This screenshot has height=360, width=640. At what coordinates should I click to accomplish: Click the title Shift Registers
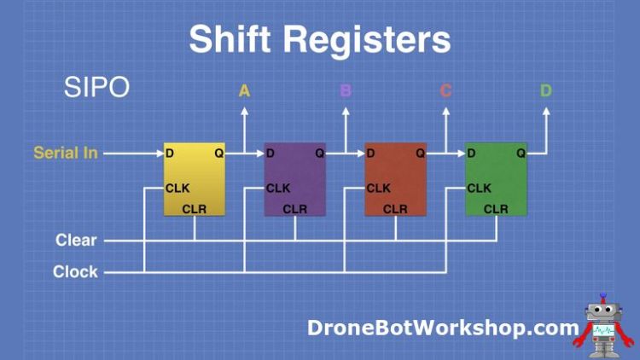(x=319, y=39)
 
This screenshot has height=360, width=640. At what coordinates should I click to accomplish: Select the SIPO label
(x=96, y=87)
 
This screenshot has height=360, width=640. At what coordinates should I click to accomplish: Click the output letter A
(x=244, y=90)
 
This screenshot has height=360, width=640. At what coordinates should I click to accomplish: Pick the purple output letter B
(x=346, y=90)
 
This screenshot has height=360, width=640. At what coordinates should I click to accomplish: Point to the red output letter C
(x=445, y=90)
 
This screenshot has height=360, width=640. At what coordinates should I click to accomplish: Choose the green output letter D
(x=546, y=90)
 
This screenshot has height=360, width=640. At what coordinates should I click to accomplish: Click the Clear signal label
(x=77, y=241)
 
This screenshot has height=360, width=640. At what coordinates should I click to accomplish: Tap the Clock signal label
(x=76, y=272)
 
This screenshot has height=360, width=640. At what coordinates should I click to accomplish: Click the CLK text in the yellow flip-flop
(x=177, y=188)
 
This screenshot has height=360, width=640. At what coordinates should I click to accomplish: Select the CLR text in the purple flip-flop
(x=295, y=209)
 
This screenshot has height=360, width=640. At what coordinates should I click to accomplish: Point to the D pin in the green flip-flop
(x=472, y=154)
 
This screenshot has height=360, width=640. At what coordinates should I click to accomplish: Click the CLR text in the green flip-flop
(x=496, y=209)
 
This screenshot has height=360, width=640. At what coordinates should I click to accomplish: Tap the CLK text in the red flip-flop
(x=378, y=188)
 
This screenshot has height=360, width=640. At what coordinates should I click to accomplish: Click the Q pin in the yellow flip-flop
(x=219, y=154)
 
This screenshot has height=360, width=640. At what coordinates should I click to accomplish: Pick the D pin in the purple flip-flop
(x=271, y=154)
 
